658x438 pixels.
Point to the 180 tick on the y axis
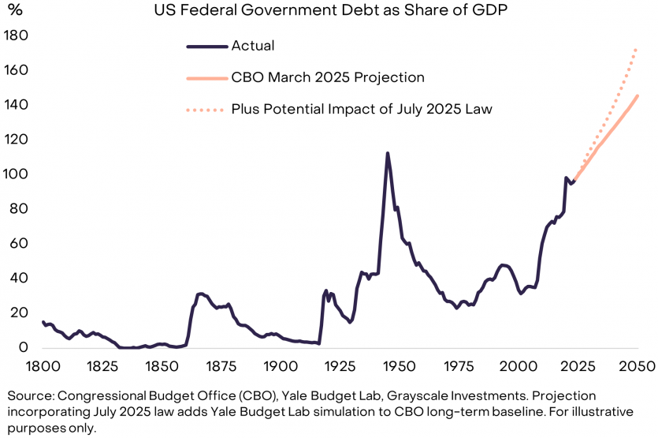(x=16, y=36)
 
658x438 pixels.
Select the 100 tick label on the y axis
(x=16, y=174)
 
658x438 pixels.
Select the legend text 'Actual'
(x=252, y=46)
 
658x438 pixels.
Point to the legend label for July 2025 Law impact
(x=362, y=109)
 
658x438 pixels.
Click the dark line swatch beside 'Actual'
(x=206, y=46)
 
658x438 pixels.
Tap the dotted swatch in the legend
(x=206, y=109)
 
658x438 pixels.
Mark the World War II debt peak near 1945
(x=387, y=153)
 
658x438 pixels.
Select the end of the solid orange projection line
(x=637, y=96)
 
